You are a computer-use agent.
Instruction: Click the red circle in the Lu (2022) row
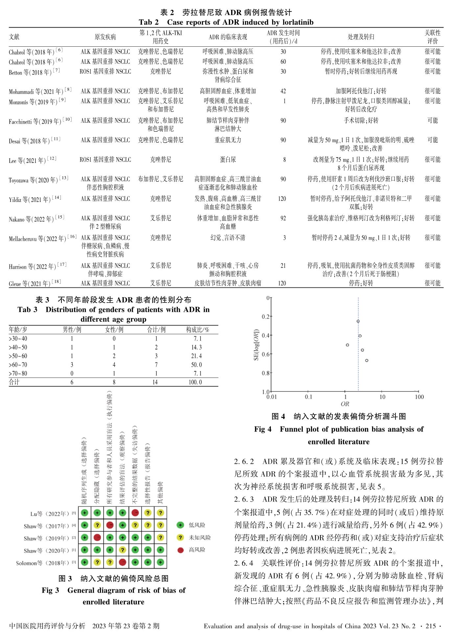[135, 513]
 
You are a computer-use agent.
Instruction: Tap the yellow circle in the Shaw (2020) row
[122, 550]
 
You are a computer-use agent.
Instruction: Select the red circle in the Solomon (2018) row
[122, 562]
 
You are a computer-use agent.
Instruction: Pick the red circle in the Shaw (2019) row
[97, 537]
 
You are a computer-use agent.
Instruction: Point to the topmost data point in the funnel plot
[358, 321]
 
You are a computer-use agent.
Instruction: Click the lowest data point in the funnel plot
[367, 360]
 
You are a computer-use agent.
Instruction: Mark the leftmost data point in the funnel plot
[347, 345]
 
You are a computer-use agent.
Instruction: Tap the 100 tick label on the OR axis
[419, 397]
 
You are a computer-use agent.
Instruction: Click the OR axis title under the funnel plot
[345, 404]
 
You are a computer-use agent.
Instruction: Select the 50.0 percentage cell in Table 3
[196, 365]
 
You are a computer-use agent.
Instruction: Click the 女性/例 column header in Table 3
[114, 330]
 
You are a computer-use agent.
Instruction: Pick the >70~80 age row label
[18, 373]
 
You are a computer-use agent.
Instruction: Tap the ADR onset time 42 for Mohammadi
[283, 91]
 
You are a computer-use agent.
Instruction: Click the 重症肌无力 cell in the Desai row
[228, 140]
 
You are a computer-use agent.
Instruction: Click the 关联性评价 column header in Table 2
[432, 37]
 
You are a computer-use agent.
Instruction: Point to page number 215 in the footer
[430, 626]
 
